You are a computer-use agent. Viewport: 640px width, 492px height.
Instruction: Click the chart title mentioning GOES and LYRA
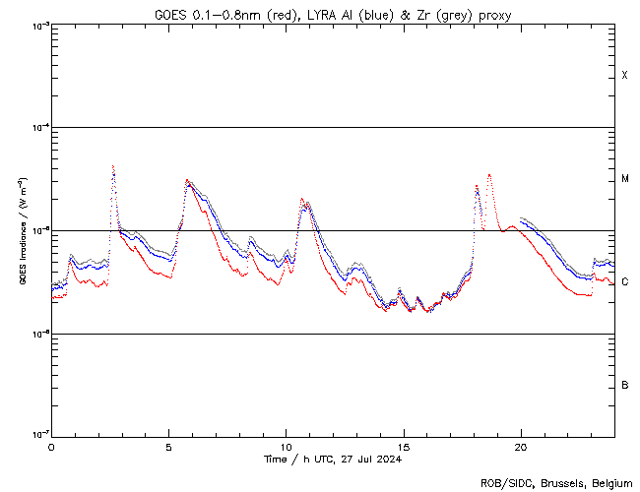333,15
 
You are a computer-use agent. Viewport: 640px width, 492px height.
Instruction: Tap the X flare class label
625,76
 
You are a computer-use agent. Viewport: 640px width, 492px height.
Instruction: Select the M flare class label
625,179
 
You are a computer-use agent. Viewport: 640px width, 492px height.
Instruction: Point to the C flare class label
625,282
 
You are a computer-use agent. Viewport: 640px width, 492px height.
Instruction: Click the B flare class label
625,385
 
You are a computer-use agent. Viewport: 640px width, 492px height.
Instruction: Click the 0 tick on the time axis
51,447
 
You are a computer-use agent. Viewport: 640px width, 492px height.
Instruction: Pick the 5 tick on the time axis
168,447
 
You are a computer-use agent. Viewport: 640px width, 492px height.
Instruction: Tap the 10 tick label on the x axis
286,447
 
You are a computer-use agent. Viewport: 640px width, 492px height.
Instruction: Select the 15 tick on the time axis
403,447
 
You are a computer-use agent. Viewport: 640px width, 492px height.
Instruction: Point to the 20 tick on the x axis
520,447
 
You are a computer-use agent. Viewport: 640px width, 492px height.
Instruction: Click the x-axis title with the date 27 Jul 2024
333,459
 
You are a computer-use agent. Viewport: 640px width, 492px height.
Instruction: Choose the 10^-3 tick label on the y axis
37,26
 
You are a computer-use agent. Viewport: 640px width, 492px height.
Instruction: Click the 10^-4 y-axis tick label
37,128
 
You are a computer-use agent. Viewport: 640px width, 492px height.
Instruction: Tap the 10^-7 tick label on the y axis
37,434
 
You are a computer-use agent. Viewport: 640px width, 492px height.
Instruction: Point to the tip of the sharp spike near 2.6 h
113,166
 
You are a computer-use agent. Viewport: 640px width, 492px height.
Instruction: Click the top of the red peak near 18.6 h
489,175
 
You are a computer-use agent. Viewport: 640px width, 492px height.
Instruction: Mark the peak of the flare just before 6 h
188,181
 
